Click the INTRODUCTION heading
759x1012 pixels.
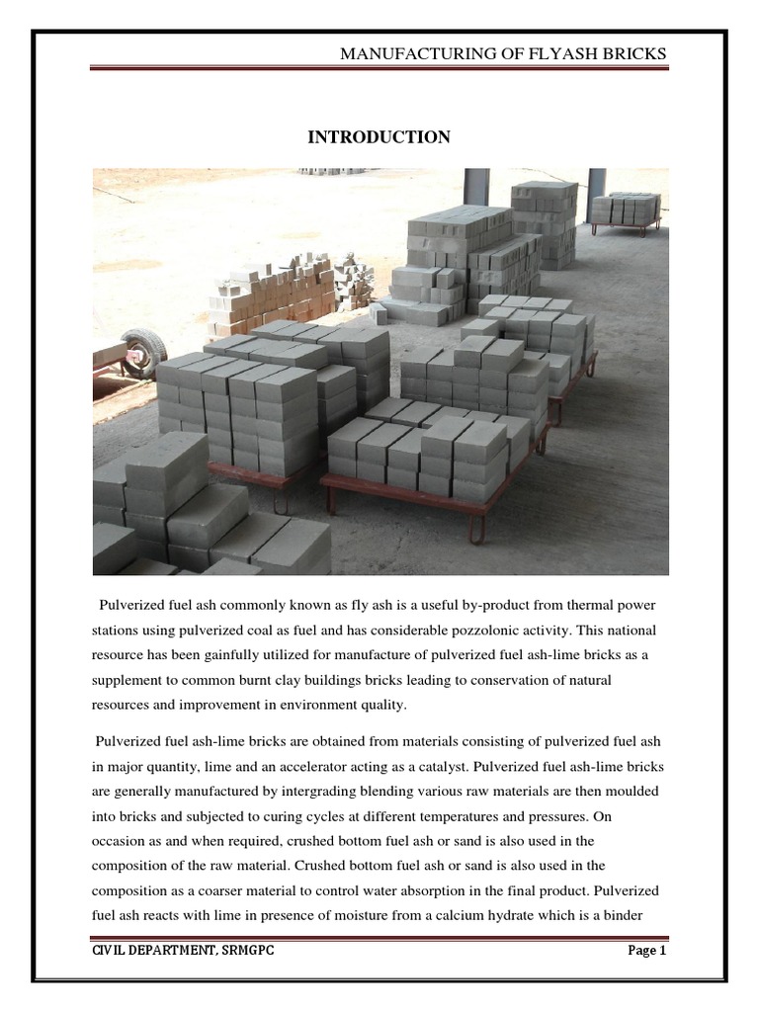379,137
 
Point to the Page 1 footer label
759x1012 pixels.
648,951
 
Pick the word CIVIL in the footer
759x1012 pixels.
108,951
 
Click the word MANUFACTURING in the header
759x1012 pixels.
404,53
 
